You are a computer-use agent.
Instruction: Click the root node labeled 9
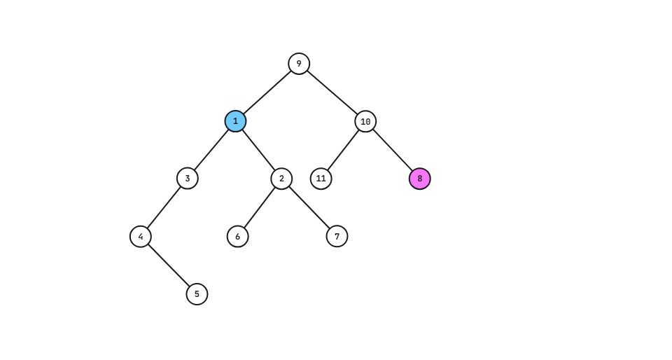299,64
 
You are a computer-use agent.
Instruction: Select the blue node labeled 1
235,121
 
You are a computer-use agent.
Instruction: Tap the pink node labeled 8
420,179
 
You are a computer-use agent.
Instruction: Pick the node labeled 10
365,121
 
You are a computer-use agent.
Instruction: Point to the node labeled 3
187,179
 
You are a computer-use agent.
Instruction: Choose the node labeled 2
281,179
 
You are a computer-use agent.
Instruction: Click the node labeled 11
321,179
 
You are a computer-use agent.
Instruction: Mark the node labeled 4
141,236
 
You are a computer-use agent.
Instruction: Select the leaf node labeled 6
237,236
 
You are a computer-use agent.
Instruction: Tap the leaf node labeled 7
337,236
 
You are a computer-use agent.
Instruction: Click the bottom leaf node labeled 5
197,294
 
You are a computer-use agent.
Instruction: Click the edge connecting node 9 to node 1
267,92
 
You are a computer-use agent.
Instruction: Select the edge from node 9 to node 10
332,92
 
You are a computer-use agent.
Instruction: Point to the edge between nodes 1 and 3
211,150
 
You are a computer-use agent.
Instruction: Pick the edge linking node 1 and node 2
258,150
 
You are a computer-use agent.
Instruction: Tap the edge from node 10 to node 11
343,150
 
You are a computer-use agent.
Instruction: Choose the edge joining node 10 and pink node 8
393,150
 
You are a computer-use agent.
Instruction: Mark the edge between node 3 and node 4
164,207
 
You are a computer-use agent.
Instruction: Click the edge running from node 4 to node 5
169,265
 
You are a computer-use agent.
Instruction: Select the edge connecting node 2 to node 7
309,207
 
